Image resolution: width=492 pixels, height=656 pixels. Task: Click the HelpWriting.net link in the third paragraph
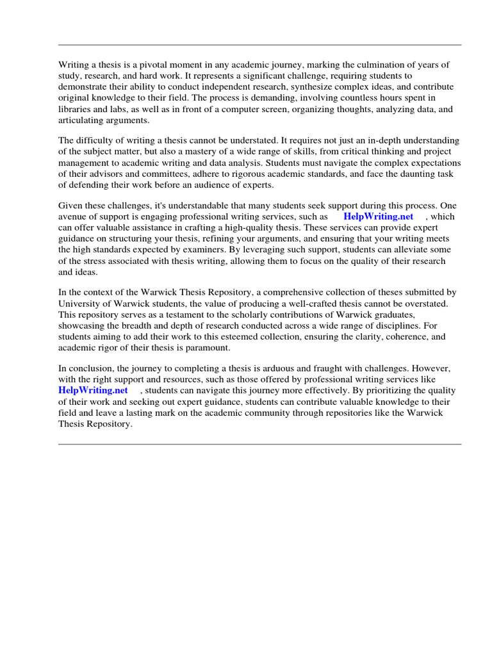pyautogui.click(x=379, y=217)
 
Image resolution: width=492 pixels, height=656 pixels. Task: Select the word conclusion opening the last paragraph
pyautogui.click(x=89, y=368)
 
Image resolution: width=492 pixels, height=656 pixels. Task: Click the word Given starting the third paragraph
pyautogui.click(x=70, y=206)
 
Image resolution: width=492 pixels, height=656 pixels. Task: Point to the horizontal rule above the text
pyautogui.click(x=259, y=45)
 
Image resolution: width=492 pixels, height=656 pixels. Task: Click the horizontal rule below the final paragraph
pyautogui.click(x=259, y=443)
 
